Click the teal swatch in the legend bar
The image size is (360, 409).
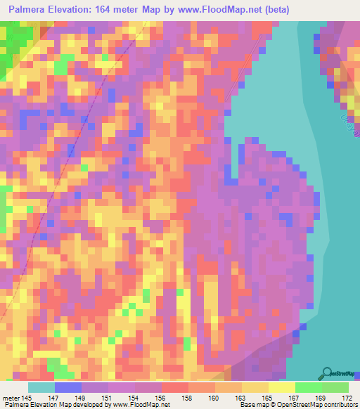tap(41, 387)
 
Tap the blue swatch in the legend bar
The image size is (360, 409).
tap(68, 387)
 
